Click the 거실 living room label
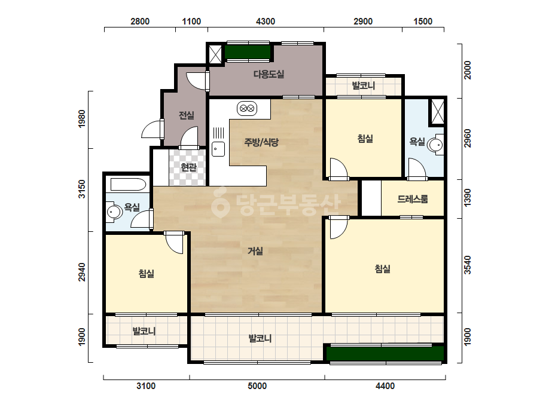[255, 251]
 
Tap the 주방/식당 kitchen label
[261, 142]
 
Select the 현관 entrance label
[188, 167]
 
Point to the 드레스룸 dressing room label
[413, 199]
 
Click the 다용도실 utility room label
[269, 74]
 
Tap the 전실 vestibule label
[186, 115]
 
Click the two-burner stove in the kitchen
[247, 108]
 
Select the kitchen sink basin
[218, 149]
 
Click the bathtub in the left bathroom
[128, 184]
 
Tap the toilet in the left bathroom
[114, 212]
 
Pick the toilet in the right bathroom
[436, 144]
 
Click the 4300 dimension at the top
[266, 22]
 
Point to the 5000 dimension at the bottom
[257, 386]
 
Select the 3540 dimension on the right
[467, 265]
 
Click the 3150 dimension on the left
[82, 189]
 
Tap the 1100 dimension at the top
[191, 22]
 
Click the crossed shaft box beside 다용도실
[215, 54]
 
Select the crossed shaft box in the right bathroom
[438, 112]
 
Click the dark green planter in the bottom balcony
[385, 353]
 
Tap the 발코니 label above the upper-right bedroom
[364, 85]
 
